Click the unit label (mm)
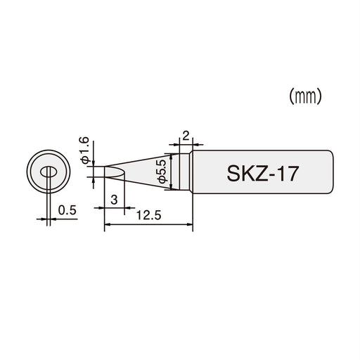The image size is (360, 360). (x=305, y=97)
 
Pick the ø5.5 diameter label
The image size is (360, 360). (x=161, y=172)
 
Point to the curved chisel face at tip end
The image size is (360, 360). (x=115, y=173)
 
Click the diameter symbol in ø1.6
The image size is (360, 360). (x=85, y=161)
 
